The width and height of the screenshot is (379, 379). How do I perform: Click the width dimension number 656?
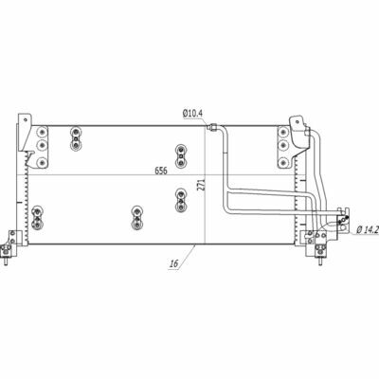coord(161,171)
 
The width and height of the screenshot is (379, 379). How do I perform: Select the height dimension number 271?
coord(202,186)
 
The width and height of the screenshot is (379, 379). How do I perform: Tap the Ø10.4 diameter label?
coord(192,113)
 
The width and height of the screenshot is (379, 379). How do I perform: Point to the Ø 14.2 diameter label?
coord(368,230)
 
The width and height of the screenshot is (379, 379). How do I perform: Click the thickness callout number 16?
coord(173,262)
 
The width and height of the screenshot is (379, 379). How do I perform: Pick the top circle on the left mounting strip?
coord(42,131)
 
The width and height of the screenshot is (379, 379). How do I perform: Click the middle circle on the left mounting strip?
coord(42,145)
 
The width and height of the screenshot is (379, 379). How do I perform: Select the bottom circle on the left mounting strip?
coord(42,163)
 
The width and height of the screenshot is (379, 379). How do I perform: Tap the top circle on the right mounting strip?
coord(282,131)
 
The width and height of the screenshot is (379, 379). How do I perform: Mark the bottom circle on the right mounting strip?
coord(282,163)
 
